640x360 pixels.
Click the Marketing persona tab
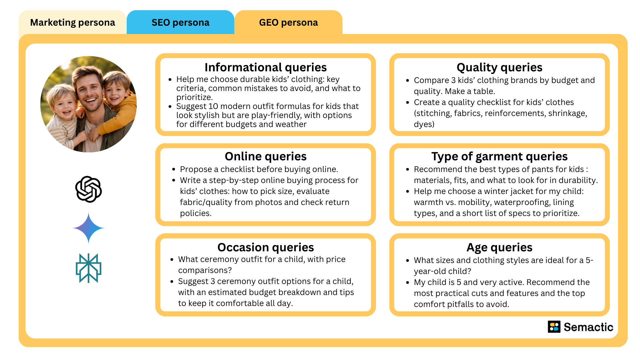point(72,22)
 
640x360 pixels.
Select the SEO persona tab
point(180,22)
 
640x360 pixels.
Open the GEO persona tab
point(288,22)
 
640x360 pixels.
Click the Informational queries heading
point(265,67)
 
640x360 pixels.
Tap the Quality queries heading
point(499,67)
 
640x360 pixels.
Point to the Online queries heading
point(265,156)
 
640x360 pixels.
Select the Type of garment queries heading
point(499,156)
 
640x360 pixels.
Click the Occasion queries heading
point(265,247)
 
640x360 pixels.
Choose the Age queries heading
point(499,247)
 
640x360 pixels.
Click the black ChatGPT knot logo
point(88,189)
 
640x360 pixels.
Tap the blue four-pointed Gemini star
point(88,228)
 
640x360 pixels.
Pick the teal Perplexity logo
point(88,268)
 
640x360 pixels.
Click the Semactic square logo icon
point(554,327)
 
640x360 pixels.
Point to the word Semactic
point(588,327)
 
